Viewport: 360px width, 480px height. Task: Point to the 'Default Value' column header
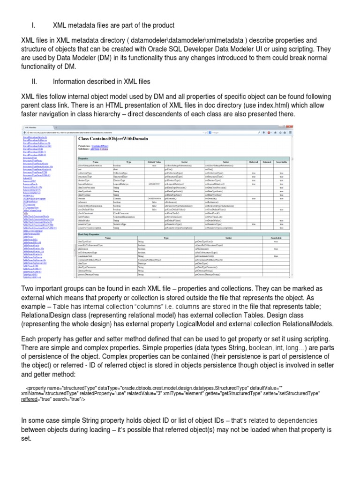[x=154, y=162]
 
